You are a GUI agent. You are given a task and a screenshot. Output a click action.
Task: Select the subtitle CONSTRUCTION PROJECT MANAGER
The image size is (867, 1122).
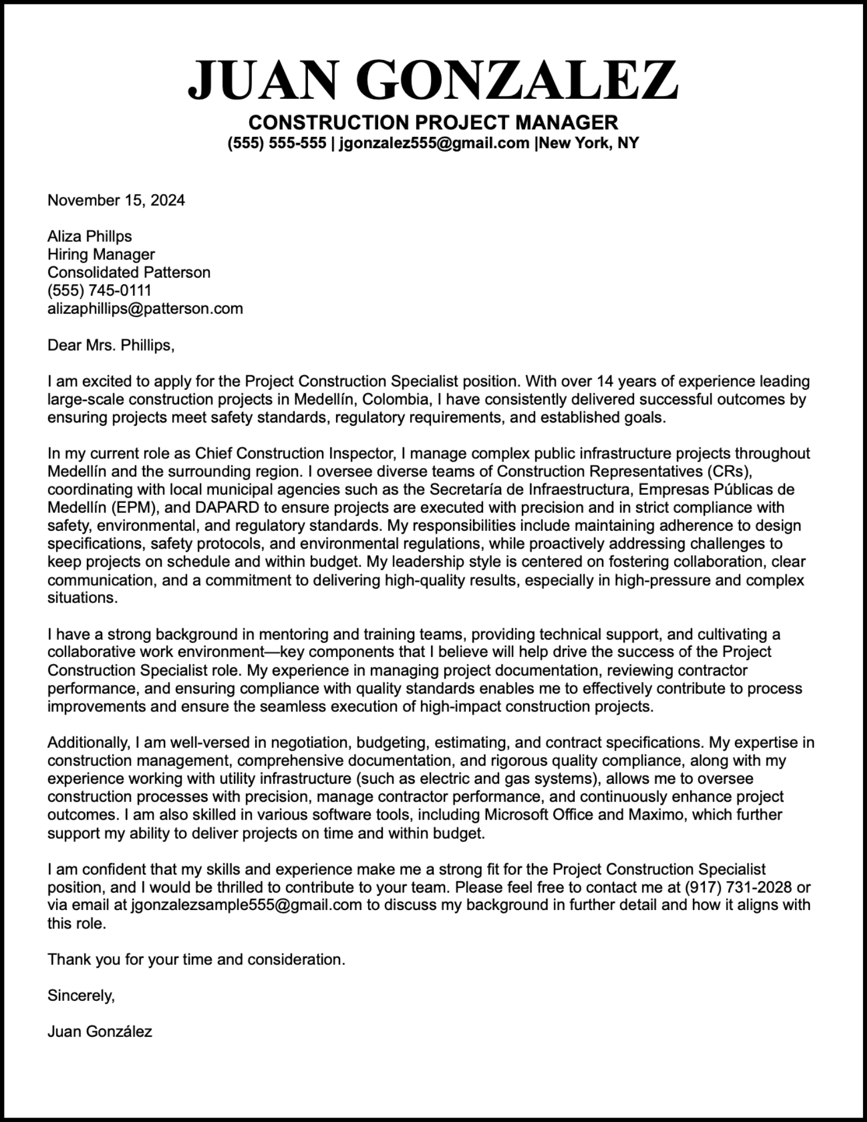pyautogui.click(x=433, y=122)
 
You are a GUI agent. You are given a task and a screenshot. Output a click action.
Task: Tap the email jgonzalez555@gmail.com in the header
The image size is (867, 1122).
pyautogui.click(x=434, y=144)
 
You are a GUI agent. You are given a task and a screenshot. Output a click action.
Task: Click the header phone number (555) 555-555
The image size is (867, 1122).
pyautogui.click(x=277, y=144)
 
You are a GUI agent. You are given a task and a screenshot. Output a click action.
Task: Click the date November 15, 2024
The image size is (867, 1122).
pyautogui.click(x=116, y=200)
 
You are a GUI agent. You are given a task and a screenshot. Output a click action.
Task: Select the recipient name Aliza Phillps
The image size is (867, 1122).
pyautogui.click(x=90, y=236)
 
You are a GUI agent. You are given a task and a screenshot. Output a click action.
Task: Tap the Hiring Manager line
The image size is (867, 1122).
pyautogui.click(x=101, y=254)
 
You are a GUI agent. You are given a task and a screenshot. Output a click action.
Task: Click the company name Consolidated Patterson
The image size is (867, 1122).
pyautogui.click(x=129, y=273)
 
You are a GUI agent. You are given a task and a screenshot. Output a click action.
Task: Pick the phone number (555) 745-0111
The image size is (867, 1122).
pyautogui.click(x=99, y=291)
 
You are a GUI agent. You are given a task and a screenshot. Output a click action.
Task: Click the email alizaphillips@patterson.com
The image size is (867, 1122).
pyautogui.click(x=145, y=309)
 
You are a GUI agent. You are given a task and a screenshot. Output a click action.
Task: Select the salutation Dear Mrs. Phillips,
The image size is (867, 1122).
pyautogui.click(x=111, y=345)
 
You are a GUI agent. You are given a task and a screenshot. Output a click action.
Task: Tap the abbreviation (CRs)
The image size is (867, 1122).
pyautogui.click(x=725, y=471)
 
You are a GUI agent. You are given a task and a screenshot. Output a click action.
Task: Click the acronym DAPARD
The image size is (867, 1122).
pyautogui.click(x=227, y=508)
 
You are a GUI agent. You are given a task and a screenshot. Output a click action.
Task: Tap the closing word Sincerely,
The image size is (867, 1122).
pyautogui.click(x=81, y=996)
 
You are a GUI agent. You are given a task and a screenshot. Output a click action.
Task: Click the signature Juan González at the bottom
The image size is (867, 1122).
pyautogui.click(x=100, y=1032)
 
